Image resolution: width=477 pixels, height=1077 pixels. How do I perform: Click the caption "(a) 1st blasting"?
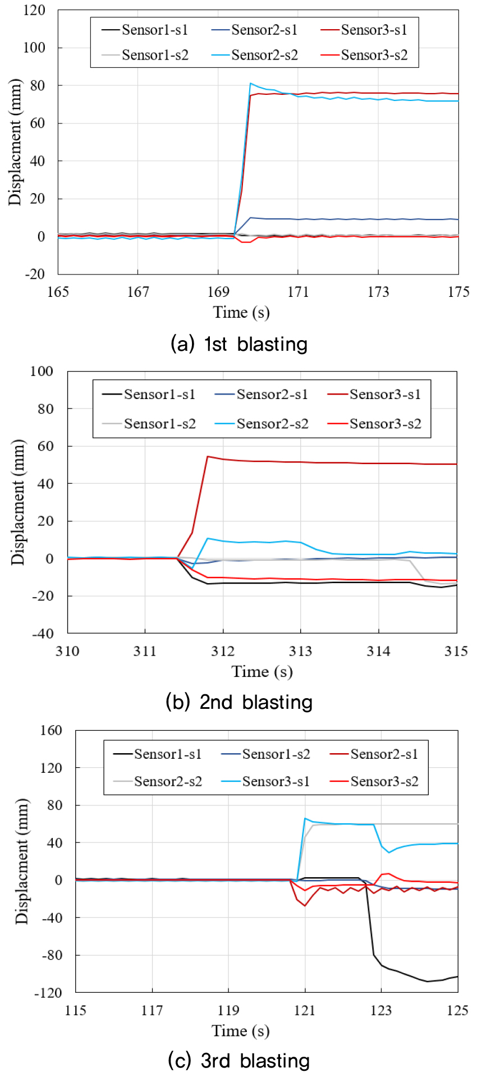[239, 343]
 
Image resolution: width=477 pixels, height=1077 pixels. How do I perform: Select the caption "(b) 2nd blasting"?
[239, 702]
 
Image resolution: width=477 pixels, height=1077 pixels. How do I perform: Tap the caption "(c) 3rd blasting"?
[239, 1061]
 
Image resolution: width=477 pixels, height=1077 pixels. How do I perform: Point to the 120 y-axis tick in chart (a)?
[34, 10]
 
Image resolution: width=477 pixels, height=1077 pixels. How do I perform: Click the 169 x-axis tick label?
[218, 292]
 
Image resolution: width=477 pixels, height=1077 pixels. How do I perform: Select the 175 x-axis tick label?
[458, 292]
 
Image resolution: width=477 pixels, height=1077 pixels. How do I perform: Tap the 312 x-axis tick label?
[223, 651]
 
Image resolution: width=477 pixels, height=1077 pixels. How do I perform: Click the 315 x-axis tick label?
[456, 651]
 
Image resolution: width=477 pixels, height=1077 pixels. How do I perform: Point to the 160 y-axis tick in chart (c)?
[51, 730]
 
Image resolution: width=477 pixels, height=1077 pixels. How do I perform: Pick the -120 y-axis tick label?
[48, 992]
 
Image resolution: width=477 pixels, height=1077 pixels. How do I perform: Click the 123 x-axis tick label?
[381, 1010]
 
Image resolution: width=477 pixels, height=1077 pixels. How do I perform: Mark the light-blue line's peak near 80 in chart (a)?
[250, 84]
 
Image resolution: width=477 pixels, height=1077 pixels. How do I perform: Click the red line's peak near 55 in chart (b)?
[208, 456]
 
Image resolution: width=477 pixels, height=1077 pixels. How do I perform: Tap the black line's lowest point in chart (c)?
[427, 981]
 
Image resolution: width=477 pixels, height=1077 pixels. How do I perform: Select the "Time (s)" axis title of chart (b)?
[262, 672]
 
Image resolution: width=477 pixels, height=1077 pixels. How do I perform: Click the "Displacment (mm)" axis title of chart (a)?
[15, 142]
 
